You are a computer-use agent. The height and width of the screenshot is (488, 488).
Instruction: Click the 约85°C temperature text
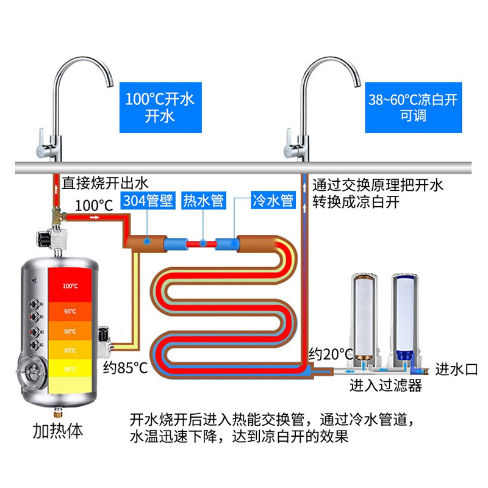coord(124,368)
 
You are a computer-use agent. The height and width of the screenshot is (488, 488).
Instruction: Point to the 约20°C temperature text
coord(331,353)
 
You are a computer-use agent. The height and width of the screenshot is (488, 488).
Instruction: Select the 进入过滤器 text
coord(386,386)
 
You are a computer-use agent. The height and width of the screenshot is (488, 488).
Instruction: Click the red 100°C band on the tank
coord(70,285)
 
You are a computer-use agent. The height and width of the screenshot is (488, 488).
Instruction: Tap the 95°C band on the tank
coord(70,312)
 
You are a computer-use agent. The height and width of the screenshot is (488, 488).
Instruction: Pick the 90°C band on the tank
coord(70,331)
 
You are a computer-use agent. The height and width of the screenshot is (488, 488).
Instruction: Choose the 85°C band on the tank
coord(70,350)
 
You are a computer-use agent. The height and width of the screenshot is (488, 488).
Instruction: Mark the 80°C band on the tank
coord(70,368)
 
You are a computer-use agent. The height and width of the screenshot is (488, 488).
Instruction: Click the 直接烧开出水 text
coord(106,182)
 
